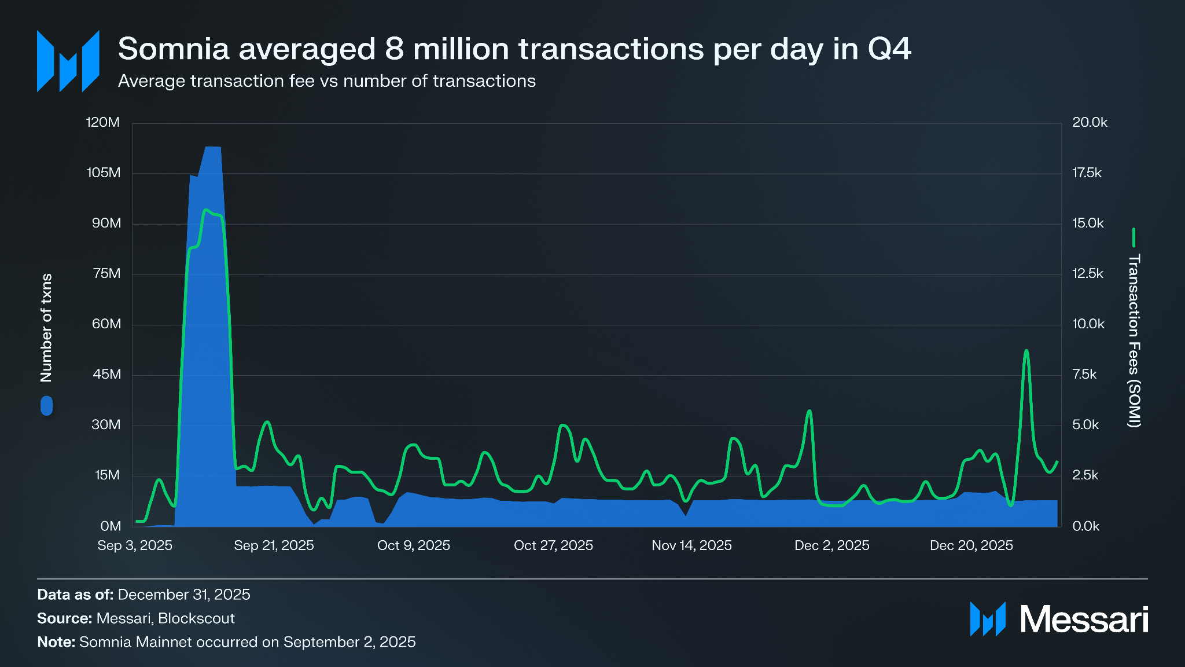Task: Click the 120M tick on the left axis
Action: pyautogui.click(x=103, y=122)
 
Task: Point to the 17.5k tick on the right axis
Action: pyautogui.click(x=1087, y=173)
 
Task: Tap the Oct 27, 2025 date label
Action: pyautogui.click(x=553, y=545)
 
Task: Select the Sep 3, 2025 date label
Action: pyautogui.click(x=135, y=545)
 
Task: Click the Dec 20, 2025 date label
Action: pyautogui.click(x=971, y=545)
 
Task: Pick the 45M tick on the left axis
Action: pyautogui.click(x=107, y=374)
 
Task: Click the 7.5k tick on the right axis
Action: pyautogui.click(x=1084, y=374)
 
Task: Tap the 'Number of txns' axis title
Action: pyautogui.click(x=46, y=328)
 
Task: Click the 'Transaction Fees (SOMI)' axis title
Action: pyautogui.click(x=1134, y=340)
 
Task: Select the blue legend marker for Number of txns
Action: pyautogui.click(x=46, y=405)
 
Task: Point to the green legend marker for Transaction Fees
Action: pyautogui.click(x=1134, y=237)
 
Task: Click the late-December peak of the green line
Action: pyautogui.click(x=1026, y=351)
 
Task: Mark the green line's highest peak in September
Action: pyautogui.click(x=205, y=210)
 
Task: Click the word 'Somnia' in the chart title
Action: pyautogui.click(x=174, y=49)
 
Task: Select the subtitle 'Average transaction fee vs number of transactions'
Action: pyautogui.click(x=327, y=81)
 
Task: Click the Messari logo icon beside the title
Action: pyautogui.click(x=68, y=61)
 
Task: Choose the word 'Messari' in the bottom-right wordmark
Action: pyautogui.click(x=1084, y=620)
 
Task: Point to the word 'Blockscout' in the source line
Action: pyautogui.click(x=196, y=618)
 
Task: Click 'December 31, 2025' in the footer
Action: pyautogui.click(x=184, y=595)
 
